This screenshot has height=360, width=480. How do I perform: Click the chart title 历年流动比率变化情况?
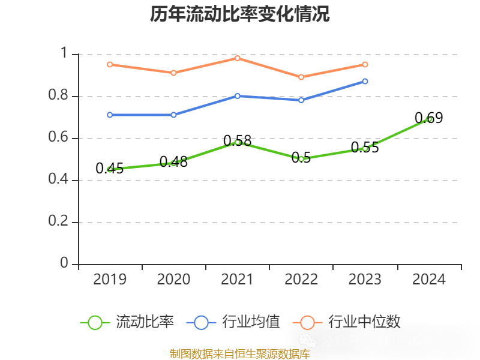(x=240, y=14)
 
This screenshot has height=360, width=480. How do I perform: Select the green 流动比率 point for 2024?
(x=428, y=119)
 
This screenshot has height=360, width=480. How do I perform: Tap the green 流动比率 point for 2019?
(x=110, y=169)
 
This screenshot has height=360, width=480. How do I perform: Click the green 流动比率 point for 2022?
(x=301, y=159)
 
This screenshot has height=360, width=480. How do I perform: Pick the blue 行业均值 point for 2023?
(x=365, y=81)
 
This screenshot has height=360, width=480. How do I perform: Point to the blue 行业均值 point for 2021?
(x=238, y=96)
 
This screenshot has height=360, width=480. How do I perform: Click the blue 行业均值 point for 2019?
(x=110, y=115)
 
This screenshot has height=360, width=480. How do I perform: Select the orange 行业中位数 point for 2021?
(x=238, y=58)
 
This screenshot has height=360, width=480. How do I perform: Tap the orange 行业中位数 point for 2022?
(x=301, y=77)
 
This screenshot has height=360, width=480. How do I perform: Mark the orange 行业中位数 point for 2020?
(x=173, y=73)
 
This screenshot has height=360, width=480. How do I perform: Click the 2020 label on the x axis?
(x=173, y=280)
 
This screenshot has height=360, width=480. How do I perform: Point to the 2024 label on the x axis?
(x=428, y=280)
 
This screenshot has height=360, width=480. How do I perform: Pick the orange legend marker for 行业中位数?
(x=307, y=322)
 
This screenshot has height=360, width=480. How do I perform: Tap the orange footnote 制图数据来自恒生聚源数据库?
(x=240, y=354)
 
